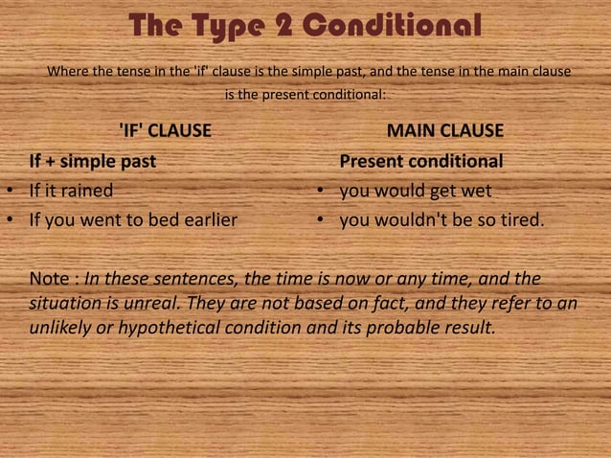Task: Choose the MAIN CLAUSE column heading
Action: pyautogui.click(x=444, y=130)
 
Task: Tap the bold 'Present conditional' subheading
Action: pyautogui.click(x=421, y=160)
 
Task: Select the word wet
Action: pyautogui.click(x=477, y=190)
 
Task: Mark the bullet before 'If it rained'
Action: pyautogui.click(x=8, y=191)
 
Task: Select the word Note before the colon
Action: pyautogui.click(x=49, y=280)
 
